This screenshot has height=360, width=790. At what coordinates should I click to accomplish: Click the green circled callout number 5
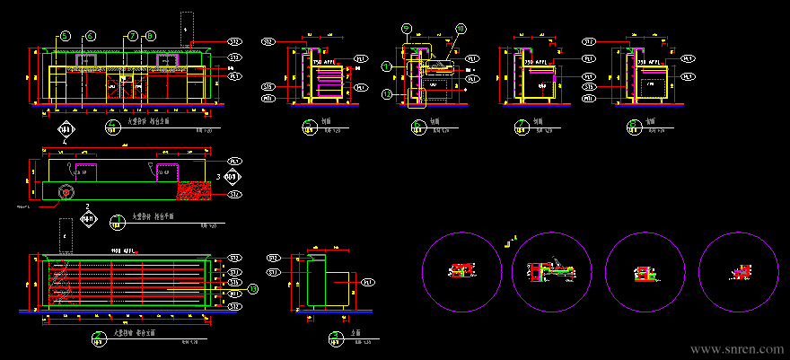65,36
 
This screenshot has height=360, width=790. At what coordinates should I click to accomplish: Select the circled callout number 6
90,36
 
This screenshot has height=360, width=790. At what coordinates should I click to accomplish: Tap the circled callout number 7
132,36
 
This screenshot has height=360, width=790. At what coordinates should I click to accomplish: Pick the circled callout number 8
151,36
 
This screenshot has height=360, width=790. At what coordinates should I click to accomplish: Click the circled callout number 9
407,28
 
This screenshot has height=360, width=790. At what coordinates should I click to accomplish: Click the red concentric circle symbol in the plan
66,192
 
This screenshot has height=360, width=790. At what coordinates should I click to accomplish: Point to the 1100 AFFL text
123,250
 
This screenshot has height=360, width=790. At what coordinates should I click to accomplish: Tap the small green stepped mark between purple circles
510,241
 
